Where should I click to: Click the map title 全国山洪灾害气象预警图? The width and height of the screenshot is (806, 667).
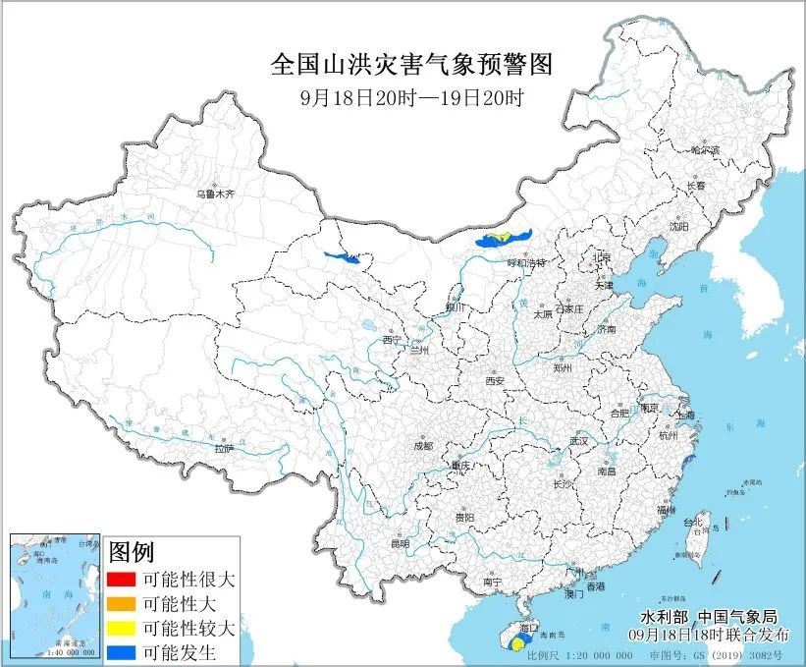point(411,65)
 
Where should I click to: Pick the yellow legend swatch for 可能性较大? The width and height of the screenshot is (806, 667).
point(122,627)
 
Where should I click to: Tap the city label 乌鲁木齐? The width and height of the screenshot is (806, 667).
point(215,195)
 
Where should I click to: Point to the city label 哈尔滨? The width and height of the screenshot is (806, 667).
point(705,150)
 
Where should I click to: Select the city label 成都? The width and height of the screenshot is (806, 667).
point(422,445)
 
